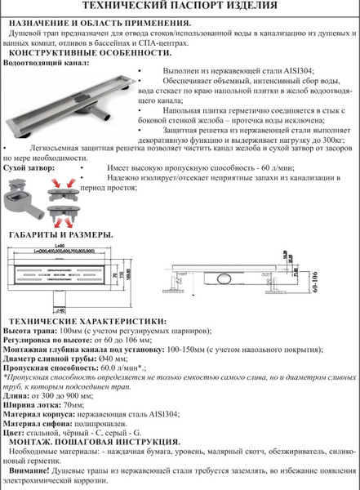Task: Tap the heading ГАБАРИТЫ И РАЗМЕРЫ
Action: pos(62,234)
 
